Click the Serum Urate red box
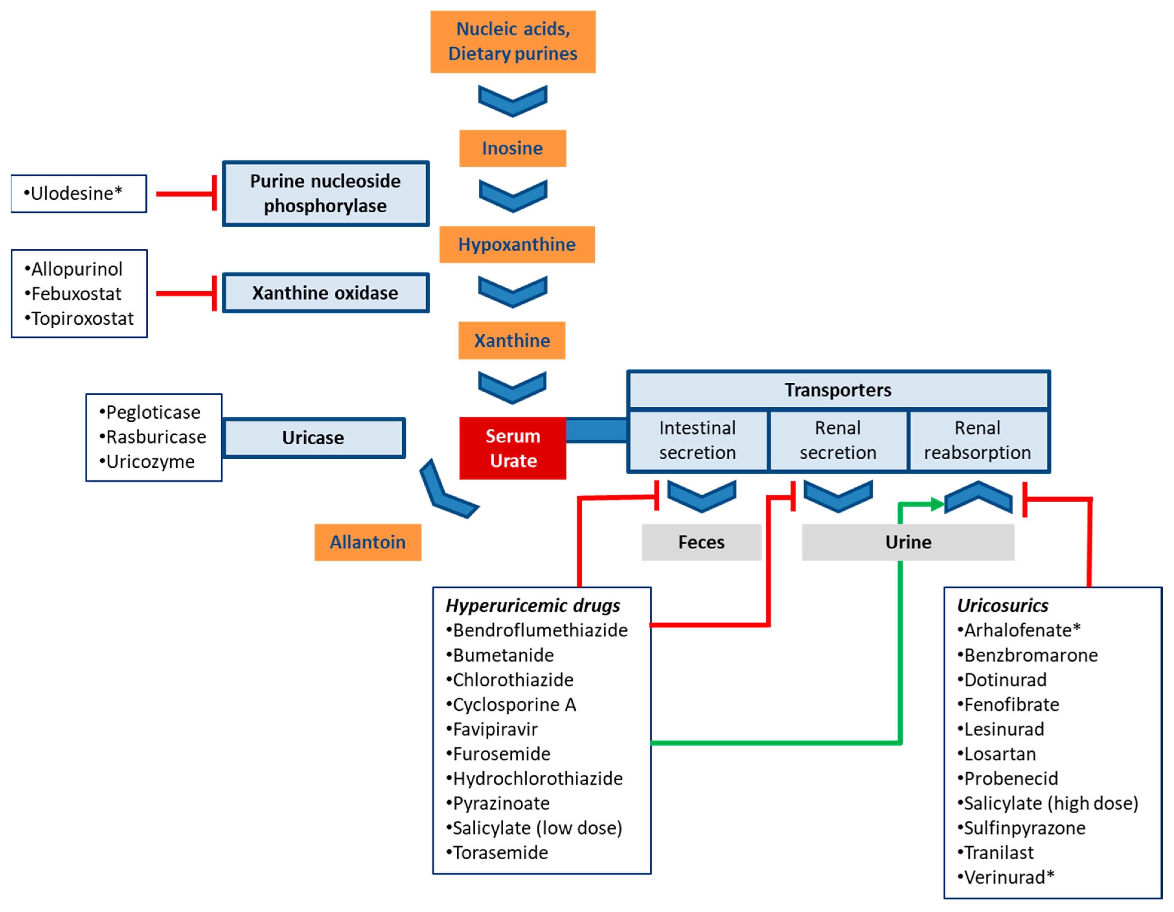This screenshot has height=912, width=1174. tap(512, 448)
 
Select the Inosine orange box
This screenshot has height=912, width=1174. tap(512, 148)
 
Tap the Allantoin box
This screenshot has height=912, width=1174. tap(368, 542)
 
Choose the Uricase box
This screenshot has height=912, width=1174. tap(314, 438)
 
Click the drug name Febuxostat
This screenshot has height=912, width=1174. tap(76, 294)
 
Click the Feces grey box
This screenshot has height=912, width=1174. tap(701, 542)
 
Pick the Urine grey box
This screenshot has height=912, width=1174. tap(908, 542)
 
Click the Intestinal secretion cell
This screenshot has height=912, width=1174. tap(698, 440)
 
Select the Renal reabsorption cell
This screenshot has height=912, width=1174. tap(977, 440)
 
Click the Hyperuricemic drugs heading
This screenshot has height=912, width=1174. tap(533, 606)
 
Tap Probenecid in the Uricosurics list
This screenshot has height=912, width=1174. tap(1011, 779)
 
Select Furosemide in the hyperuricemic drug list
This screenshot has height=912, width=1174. tap(502, 754)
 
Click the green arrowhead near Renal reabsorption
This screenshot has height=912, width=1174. tap(937, 504)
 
